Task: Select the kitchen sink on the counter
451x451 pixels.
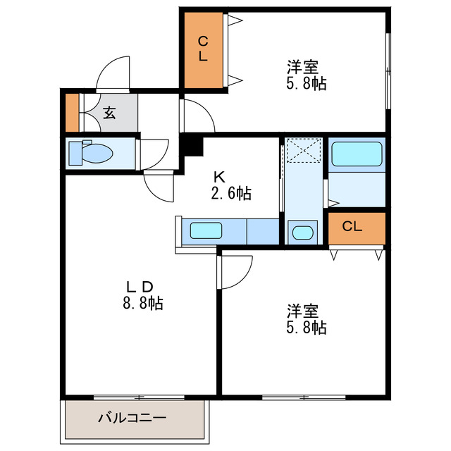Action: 206,230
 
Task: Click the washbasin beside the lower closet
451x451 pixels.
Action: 303,232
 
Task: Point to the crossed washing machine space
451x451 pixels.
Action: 304,150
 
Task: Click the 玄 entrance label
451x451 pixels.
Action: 110,113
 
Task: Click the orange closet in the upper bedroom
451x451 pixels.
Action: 204,49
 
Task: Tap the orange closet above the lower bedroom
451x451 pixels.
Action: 357,228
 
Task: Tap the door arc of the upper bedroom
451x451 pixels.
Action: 197,113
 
